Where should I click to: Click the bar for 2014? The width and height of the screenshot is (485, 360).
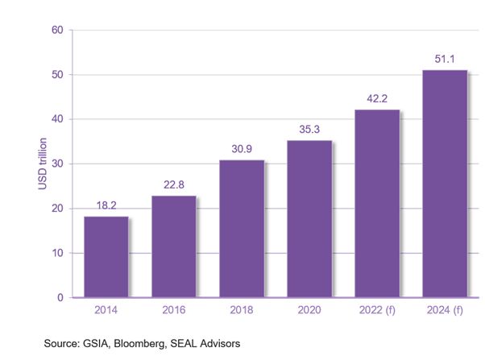pyautogui.click(x=106, y=257)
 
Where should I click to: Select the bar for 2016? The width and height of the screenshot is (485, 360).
pyautogui.click(x=173, y=246)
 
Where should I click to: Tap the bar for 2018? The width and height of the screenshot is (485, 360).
pyautogui.click(x=241, y=229)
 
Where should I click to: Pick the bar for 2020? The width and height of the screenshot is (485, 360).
pyautogui.click(x=309, y=219)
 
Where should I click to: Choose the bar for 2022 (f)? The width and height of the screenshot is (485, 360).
pyautogui.click(x=376, y=204)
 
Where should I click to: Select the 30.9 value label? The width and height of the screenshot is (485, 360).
pyautogui.click(x=242, y=151)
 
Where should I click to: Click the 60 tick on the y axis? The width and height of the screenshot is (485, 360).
pyautogui.click(x=56, y=31)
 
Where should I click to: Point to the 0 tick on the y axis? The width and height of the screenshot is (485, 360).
pyautogui.click(x=60, y=298)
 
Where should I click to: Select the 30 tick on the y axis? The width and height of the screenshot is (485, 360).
pyautogui.click(x=56, y=164)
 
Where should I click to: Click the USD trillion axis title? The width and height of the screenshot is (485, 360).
pyautogui.click(x=22, y=163)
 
